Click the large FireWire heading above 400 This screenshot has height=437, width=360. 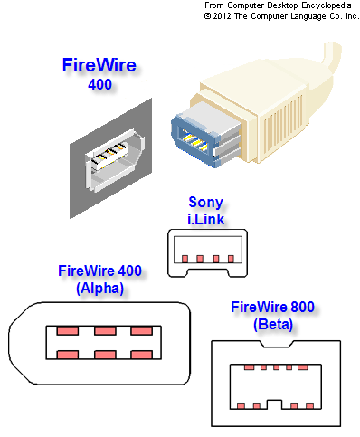click(x=99, y=65)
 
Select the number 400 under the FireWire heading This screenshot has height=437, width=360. click(x=99, y=84)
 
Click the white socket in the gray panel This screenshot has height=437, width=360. click(x=114, y=160)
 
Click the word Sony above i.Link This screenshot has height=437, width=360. click(x=205, y=202)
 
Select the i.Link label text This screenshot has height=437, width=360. click(x=206, y=219)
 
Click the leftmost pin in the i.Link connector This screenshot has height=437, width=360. click(x=185, y=259)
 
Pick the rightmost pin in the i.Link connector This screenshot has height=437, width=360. click(x=231, y=259)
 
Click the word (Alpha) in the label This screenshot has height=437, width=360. click(x=100, y=289)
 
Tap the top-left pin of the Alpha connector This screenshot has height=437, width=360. click(x=68, y=331)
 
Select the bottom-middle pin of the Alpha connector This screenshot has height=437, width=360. click(x=105, y=355)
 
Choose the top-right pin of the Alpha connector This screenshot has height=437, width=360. click(x=141, y=331)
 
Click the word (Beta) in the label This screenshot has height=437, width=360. click(x=273, y=325)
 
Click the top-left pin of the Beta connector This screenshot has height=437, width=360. click(x=249, y=367)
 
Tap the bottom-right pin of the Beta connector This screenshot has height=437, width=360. click(x=309, y=406)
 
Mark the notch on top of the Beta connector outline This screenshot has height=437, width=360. click(x=277, y=345)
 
